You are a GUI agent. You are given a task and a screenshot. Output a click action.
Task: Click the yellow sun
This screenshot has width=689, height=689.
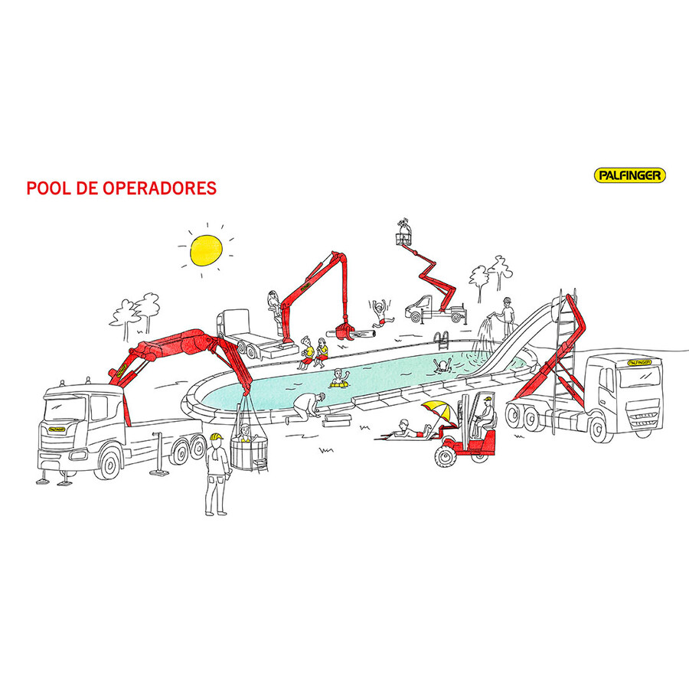pos(206,250)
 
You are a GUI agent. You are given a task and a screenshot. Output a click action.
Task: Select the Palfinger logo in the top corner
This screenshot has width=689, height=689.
pos(630,175)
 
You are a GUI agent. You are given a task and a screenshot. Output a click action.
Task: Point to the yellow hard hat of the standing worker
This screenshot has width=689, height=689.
pos(216,437)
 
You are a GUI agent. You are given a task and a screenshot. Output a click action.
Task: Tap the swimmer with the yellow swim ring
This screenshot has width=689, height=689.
pos(339,379)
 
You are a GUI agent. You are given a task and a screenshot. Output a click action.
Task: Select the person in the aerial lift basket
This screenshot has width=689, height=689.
pos(403,230)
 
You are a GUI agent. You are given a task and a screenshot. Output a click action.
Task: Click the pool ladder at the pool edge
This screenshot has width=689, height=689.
pos(442,340)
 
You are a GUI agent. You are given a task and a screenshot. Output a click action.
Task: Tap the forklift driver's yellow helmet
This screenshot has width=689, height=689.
pos(486,400)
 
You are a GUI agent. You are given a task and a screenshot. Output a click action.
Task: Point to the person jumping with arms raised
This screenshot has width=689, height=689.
pos(379,313)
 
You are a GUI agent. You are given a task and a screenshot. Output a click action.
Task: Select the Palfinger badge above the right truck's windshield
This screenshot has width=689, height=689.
pos(639,363)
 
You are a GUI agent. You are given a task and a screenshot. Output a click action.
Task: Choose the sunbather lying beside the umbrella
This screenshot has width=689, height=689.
pos(410,432)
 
